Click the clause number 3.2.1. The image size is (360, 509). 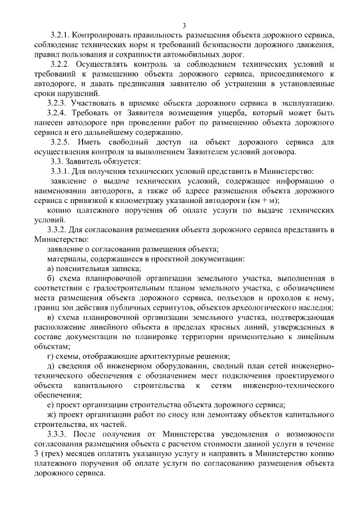(x=61, y=35)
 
